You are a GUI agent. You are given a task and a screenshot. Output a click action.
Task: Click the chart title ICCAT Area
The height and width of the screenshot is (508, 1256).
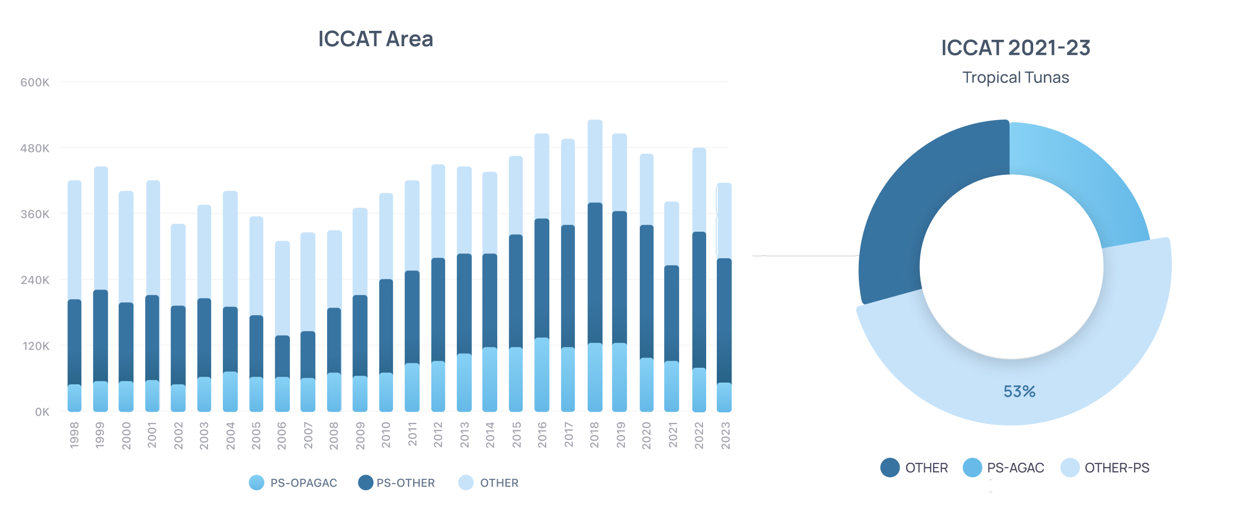(375, 39)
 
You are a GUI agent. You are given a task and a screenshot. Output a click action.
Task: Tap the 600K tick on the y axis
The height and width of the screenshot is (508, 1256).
(35, 82)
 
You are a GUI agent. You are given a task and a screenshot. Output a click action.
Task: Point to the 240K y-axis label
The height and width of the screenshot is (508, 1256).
(35, 280)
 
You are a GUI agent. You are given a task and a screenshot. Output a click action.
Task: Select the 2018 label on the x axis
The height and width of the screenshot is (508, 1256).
(594, 435)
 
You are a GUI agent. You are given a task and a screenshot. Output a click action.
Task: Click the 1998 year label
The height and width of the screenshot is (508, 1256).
(74, 435)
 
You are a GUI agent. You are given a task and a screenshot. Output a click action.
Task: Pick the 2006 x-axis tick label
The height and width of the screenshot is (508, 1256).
(282, 435)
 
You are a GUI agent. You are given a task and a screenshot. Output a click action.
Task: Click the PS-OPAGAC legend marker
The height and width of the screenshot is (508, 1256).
(256, 482)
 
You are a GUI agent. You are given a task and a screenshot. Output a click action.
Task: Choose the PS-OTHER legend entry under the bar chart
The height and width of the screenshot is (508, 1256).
(397, 482)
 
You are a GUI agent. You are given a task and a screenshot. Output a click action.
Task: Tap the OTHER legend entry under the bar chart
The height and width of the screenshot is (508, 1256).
(488, 482)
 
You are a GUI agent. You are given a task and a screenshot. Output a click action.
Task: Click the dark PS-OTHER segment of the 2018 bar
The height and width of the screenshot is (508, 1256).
(595, 273)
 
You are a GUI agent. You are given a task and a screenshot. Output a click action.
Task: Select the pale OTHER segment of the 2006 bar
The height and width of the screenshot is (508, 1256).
(282, 288)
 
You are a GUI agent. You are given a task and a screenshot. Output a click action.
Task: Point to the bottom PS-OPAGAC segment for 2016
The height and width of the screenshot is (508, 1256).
(542, 375)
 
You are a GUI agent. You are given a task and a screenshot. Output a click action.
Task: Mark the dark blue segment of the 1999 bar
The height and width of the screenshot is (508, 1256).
(101, 335)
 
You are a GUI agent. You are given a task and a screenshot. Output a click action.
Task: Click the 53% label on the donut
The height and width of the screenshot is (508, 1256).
(1019, 392)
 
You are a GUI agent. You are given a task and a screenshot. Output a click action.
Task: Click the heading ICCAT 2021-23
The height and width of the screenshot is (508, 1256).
(1016, 48)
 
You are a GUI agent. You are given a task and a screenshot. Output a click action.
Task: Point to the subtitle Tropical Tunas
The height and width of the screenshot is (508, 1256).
(1016, 78)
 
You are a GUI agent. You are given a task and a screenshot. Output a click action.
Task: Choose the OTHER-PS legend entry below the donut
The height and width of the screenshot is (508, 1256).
(1105, 468)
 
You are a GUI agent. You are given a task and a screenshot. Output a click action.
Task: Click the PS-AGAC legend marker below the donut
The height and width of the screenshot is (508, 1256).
(972, 468)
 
